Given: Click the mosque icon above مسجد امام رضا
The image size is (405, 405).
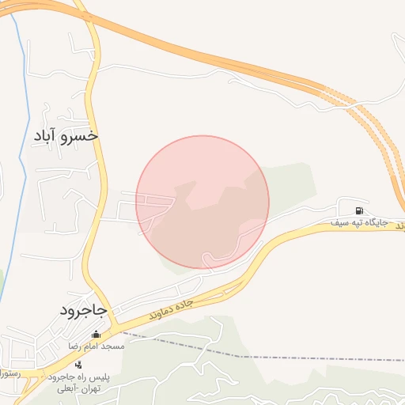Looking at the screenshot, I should (x=97, y=335).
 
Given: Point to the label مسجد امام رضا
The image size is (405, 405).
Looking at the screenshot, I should (x=96, y=346).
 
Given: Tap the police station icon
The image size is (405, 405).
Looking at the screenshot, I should (x=78, y=365).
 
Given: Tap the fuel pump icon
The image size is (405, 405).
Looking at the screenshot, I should (x=360, y=211).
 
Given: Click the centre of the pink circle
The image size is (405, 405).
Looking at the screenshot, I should (x=202, y=202).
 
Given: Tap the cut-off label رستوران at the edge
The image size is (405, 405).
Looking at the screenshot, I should (x=8, y=371).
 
